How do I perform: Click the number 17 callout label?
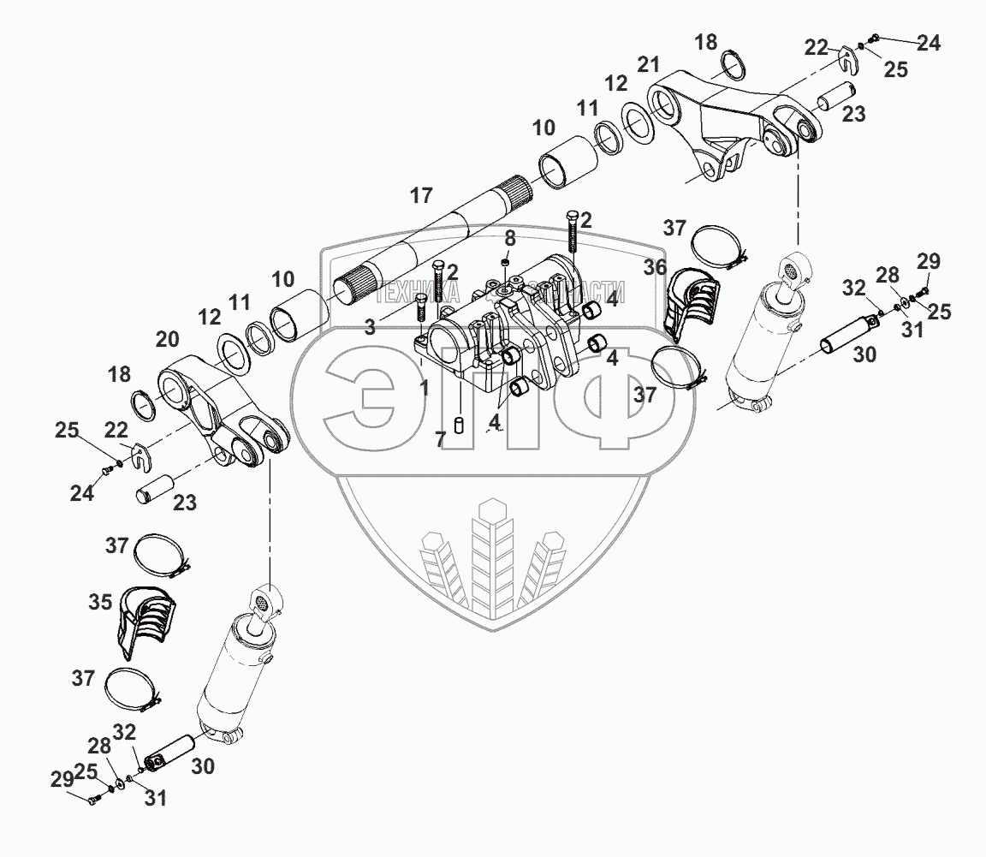tap(420, 196)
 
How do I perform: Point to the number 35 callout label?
tap(101, 603)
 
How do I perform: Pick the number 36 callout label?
tap(656, 267)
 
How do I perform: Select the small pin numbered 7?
tap(460, 425)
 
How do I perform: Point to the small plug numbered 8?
tap(506, 261)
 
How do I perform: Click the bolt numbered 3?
tap(422, 310)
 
